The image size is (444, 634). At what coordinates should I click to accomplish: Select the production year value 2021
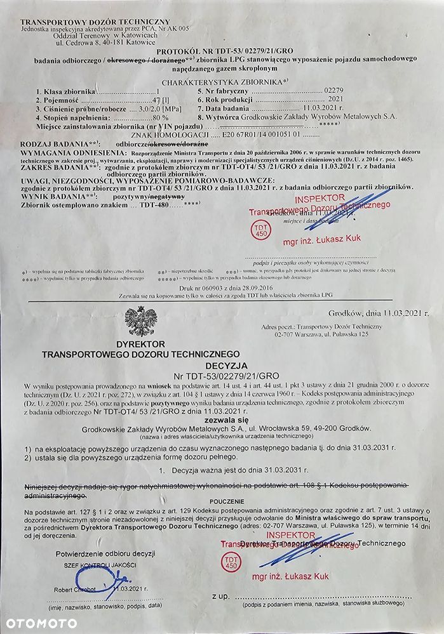tap(335, 100)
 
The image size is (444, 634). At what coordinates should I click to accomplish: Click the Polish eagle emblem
tap(138, 320)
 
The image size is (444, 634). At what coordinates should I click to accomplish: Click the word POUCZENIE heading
tap(222, 501)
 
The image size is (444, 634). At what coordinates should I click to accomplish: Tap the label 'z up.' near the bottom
tap(220, 596)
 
